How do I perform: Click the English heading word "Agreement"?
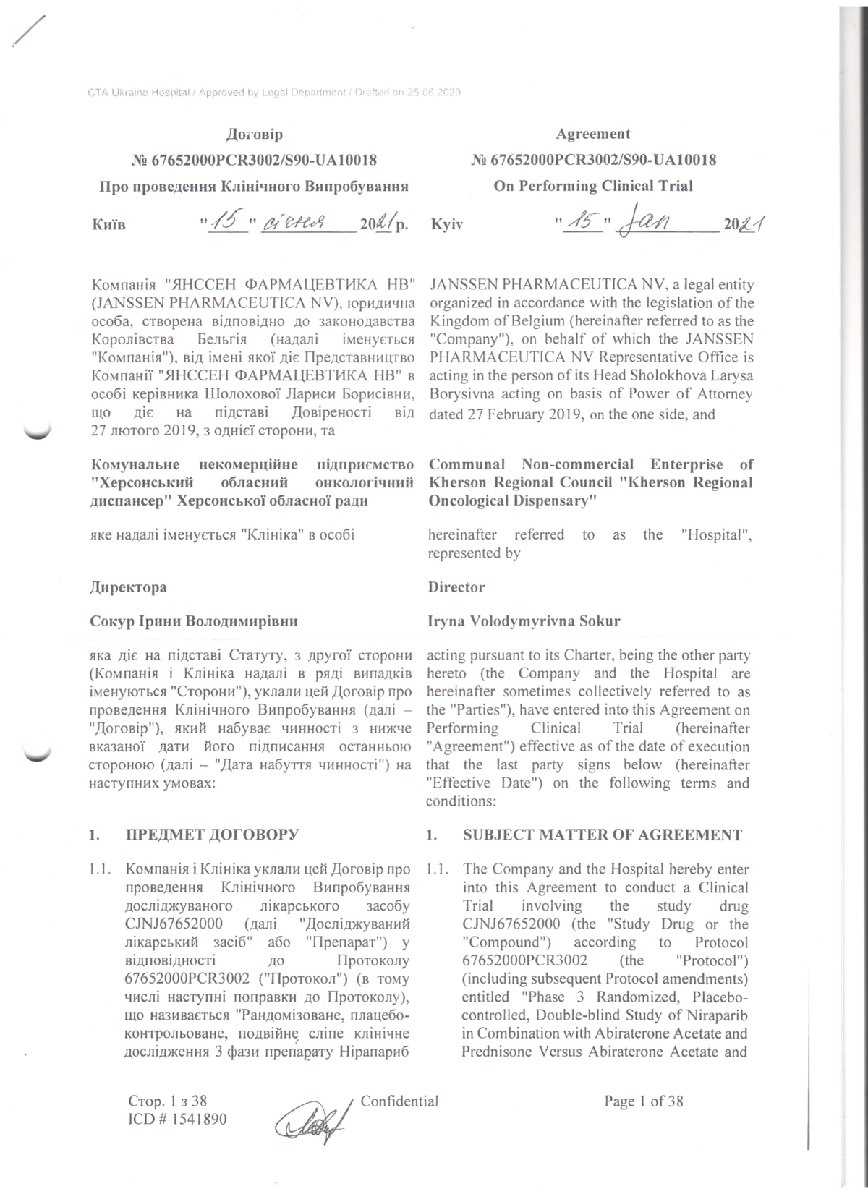pyautogui.click(x=592, y=134)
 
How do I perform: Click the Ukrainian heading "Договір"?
pyautogui.click(x=254, y=135)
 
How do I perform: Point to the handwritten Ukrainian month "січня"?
pyautogui.click(x=298, y=221)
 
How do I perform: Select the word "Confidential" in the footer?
pyautogui.click(x=399, y=1101)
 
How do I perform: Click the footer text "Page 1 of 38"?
pyautogui.click(x=643, y=1101)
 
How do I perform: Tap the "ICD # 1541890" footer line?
pyautogui.click(x=177, y=1119)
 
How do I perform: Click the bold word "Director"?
pyautogui.click(x=456, y=587)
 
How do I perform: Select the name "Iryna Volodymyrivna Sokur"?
pyautogui.click(x=524, y=621)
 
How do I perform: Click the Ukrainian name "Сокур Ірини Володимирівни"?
pyautogui.click(x=194, y=621)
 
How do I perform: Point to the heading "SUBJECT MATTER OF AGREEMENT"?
pyautogui.click(x=602, y=835)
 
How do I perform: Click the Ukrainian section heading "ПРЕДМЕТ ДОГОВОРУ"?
pyautogui.click(x=212, y=835)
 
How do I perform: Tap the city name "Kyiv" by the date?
pyautogui.click(x=446, y=224)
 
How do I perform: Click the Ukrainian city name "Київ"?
pyautogui.click(x=109, y=224)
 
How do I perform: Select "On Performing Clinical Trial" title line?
pyautogui.click(x=592, y=186)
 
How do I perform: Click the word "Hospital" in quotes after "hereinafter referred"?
pyautogui.click(x=716, y=535)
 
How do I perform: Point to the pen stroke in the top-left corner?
pyautogui.click(x=28, y=30)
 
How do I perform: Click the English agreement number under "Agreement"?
pyautogui.click(x=592, y=160)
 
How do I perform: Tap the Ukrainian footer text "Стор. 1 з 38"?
pyautogui.click(x=167, y=1101)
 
